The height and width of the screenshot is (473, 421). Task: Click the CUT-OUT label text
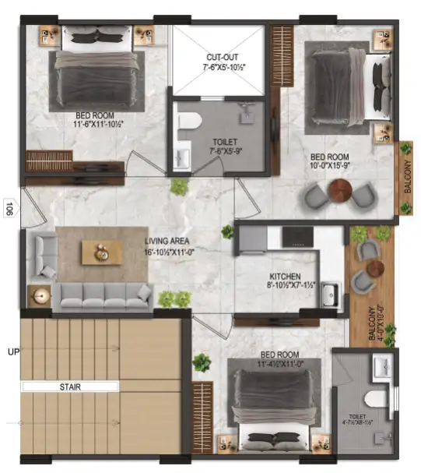tap(221, 58)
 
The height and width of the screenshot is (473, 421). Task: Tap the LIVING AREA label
tap(172, 241)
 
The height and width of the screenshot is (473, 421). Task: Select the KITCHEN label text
tap(285, 277)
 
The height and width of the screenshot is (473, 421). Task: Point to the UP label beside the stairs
tap(12, 351)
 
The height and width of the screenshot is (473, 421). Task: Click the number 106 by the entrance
tap(8, 208)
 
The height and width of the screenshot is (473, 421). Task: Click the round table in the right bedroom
tap(340, 189)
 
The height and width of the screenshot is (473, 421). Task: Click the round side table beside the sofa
tap(40, 296)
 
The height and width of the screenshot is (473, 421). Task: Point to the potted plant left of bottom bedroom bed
tap(202, 362)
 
